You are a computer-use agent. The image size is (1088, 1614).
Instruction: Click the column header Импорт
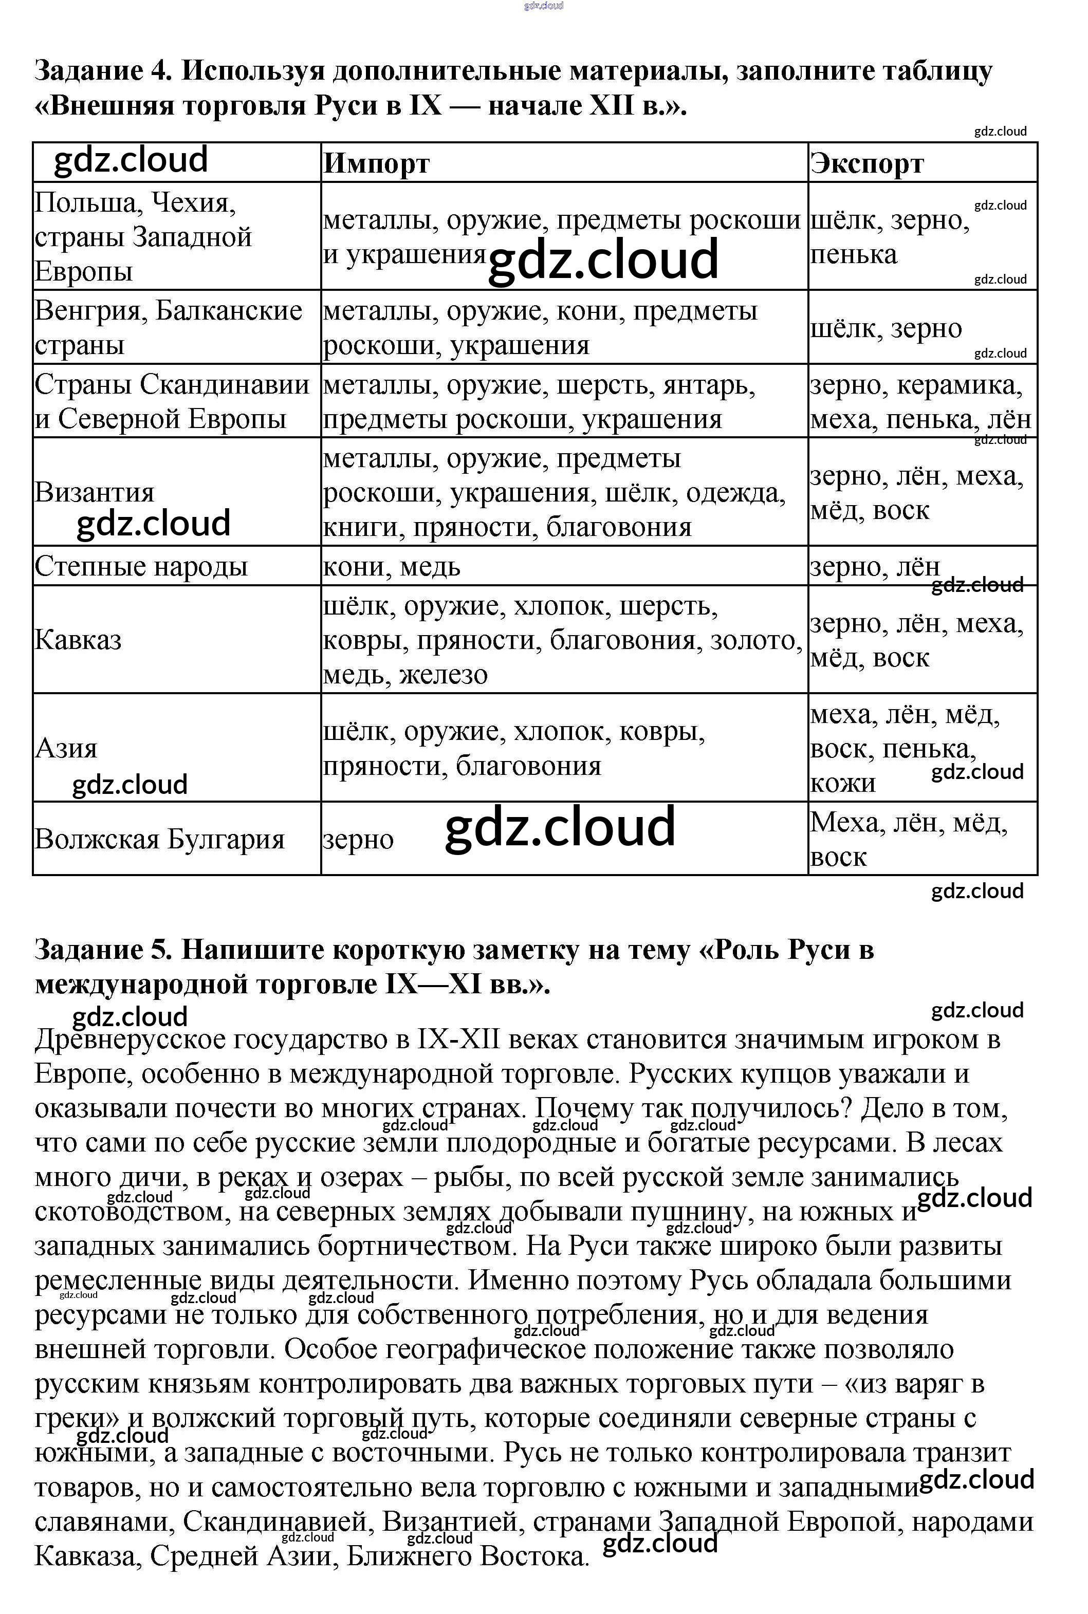[x=377, y=164]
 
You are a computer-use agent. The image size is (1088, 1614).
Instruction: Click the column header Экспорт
[x=868, y=164]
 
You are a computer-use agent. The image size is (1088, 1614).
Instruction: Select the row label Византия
[x=95, y=492]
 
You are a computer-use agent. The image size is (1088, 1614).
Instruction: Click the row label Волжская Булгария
[x=160, y=839]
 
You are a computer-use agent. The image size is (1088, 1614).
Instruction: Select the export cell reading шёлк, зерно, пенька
[x=890, y=237]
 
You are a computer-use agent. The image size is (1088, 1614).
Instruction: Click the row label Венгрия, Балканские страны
[x=169, y=327]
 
